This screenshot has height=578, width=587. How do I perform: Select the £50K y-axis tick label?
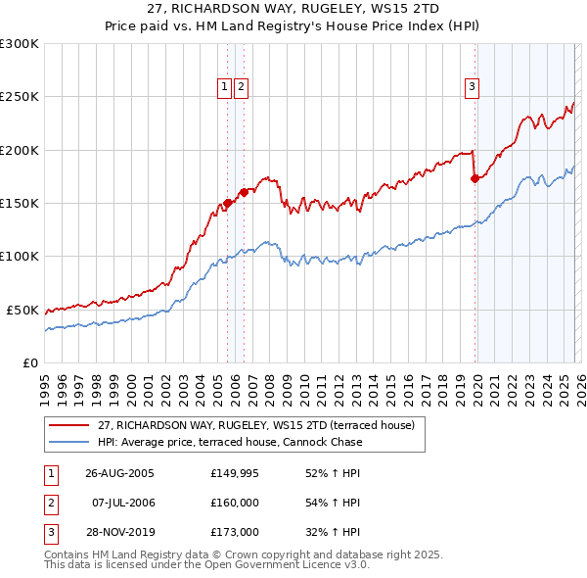23,310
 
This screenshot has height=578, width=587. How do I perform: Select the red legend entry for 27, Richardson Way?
256,425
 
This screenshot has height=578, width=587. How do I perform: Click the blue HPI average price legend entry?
229,442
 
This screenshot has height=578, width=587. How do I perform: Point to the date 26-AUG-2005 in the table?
119,472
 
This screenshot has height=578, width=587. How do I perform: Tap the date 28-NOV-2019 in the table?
119,533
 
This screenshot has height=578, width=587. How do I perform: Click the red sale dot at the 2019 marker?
475,178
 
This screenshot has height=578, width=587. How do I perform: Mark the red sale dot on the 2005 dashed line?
228,203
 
